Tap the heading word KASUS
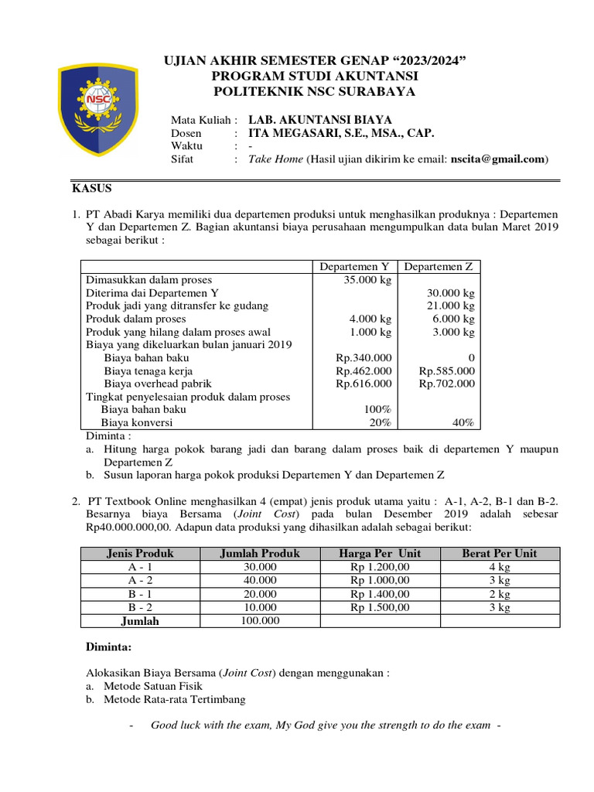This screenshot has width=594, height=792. coord(92,188)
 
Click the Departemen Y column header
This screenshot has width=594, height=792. coord(355,267)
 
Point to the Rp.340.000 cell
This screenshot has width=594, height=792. coord(364,358)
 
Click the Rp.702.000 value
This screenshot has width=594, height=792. coord(447,384)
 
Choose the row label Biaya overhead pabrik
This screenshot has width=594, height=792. coord(157,384)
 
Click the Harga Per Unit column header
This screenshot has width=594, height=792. coord(380,553)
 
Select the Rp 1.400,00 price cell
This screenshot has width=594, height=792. coord(380,594)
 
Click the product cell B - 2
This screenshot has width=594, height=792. coord(140,607)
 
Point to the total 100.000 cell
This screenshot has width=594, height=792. coord(259,620)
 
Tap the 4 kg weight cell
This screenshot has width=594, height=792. coord(499,567)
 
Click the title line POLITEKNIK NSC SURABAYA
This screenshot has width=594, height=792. coord(314,91)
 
